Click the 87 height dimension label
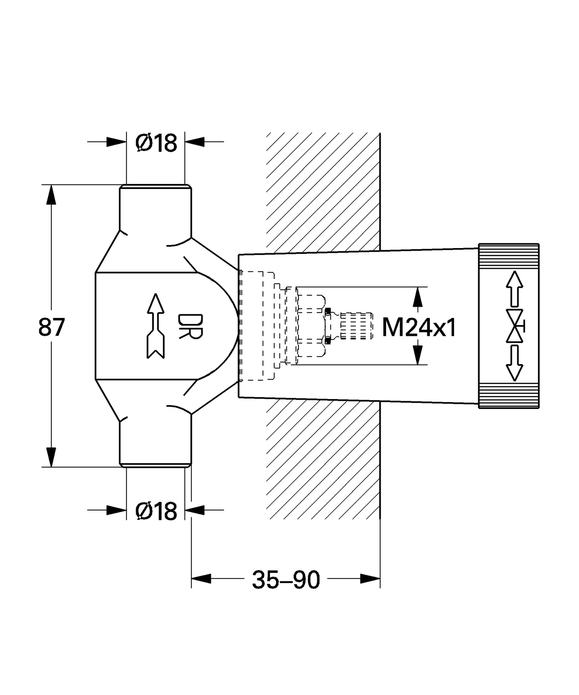[x=51, y=327]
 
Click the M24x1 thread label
[x=419, y=327]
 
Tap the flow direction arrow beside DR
[x=156, y=326]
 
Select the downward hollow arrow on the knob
[x=514, y=363]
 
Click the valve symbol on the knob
[x=515, y=326]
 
